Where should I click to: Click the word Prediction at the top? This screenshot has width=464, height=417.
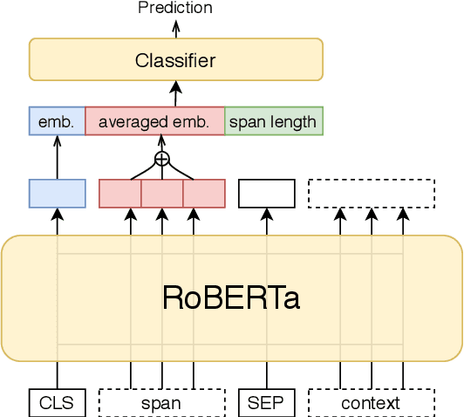(x=175, y=8)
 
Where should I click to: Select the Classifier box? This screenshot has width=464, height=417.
(x=175, y=60)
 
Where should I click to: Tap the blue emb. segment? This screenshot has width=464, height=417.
(x=57, y=121)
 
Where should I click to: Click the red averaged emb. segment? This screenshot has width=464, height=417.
(x=154, y=121)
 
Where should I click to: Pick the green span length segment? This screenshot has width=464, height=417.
(x=274, y=121)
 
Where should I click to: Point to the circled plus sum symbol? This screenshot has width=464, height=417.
(x=161, y=158)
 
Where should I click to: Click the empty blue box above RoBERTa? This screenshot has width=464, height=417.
(x=57, y=193)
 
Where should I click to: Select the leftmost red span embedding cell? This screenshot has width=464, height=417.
(x=120, y=193)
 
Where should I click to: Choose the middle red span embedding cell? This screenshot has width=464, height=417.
(x=162, y=193)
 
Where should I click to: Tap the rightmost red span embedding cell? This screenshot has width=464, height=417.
(x=204, y=193)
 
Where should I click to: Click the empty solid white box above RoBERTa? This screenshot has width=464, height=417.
(x=267, y=193)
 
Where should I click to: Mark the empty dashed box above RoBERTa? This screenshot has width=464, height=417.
(x=371, y=193)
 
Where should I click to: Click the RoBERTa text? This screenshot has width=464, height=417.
(x=231, y=297)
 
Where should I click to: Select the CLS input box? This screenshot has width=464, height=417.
(x=57, y=402)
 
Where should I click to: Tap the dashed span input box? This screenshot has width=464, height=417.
(x=161, y=402)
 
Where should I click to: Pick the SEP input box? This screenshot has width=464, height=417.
(x=267, y=402)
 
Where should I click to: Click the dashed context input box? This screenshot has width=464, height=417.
(x=371, y=402)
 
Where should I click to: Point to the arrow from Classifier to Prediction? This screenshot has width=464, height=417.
(x=175, y=28)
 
